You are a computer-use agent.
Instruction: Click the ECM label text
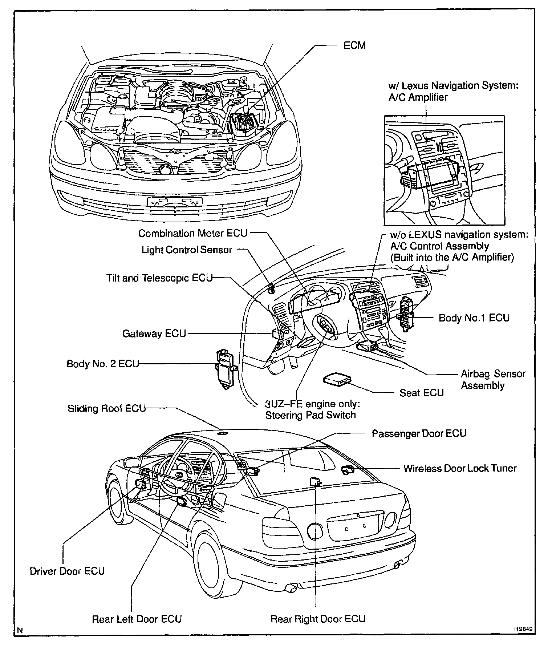point(354,46)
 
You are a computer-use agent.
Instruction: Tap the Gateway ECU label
point(154,333)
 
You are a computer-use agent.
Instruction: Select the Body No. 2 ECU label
point(103,364)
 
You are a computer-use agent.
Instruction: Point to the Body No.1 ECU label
point(474,318)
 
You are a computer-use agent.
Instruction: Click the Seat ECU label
point(422,393)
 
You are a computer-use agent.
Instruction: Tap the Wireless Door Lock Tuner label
point(460,468)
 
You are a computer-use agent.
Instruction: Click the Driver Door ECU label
point(67,571)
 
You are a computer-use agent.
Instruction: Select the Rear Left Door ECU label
point(137,619)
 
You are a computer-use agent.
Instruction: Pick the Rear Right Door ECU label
point(318,619)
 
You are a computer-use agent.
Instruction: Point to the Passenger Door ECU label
point(419,433)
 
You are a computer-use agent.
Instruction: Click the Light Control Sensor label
point(187,250)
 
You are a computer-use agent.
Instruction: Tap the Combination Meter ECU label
point(192,233)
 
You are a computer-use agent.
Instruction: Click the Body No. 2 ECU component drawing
point(226,369)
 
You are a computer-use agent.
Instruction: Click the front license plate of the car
point(175,202)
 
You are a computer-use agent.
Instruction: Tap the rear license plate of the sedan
point(355,527)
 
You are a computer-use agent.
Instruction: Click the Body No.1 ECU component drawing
point(405,313)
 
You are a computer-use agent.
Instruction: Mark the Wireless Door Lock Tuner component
point(347,470)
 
